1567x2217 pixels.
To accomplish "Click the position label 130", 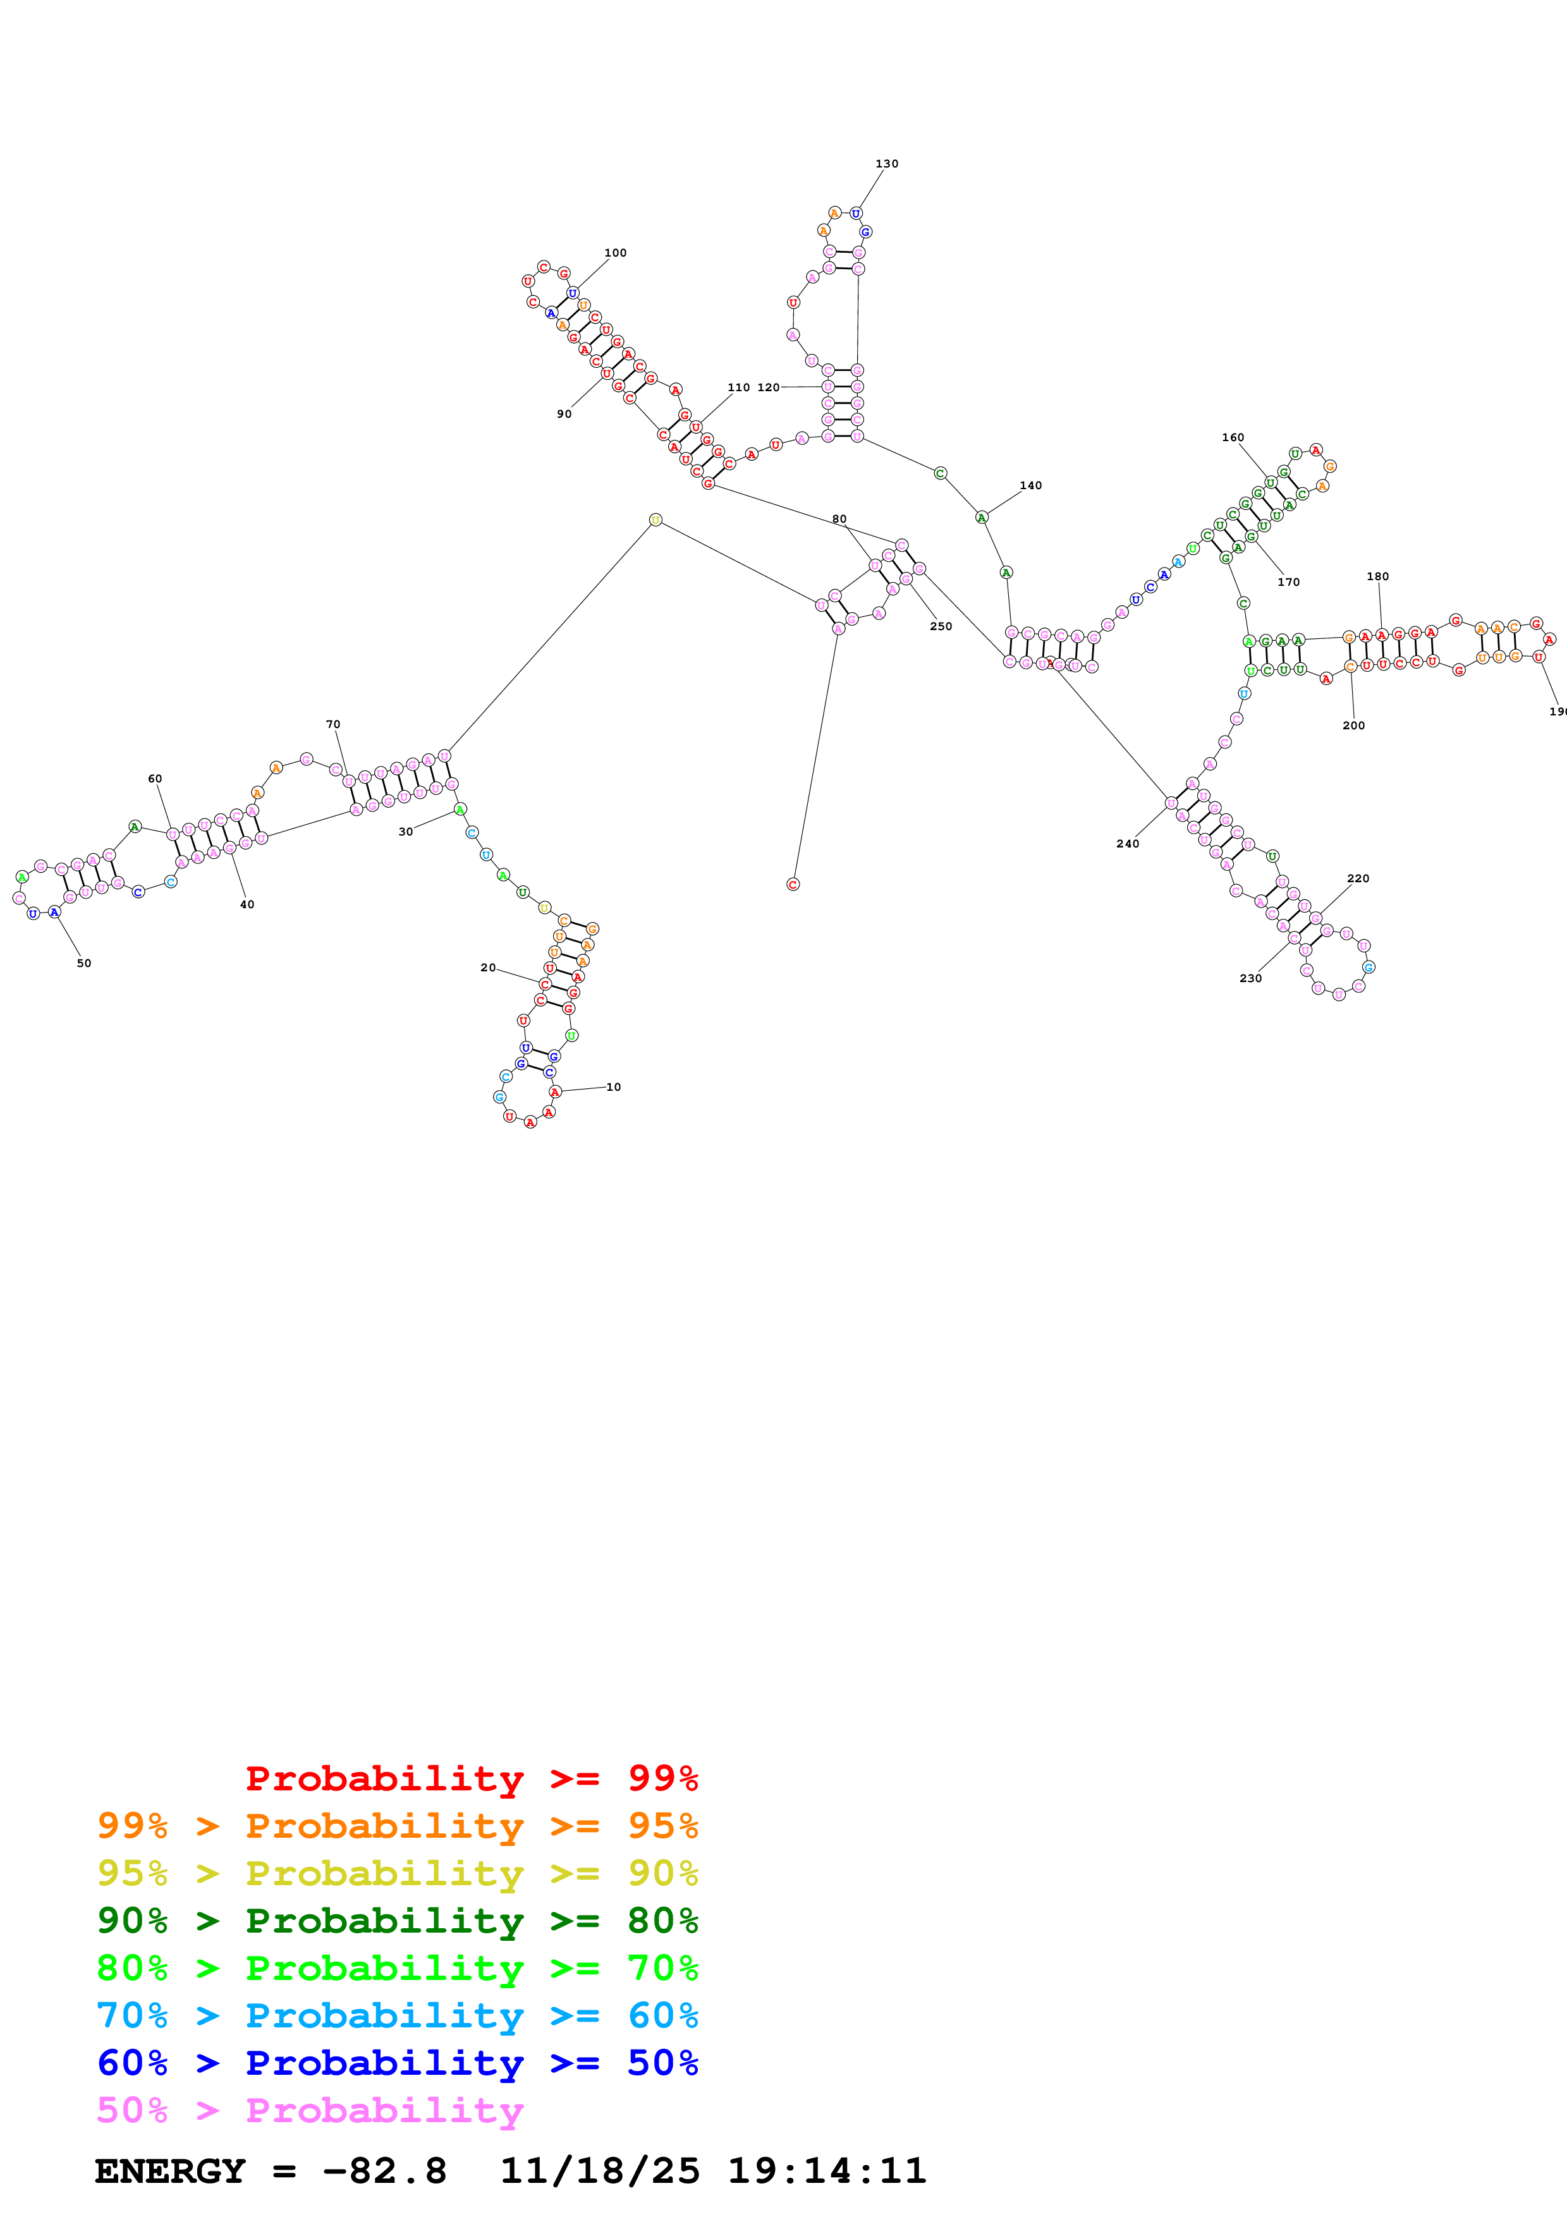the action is (x=886, y=164).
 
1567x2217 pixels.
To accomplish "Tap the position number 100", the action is (x=615, y=253).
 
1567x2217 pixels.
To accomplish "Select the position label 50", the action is (x=84, y=963).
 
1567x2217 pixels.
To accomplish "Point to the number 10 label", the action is (x=613, y=1087).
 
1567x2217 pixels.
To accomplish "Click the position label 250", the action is (x=941, y=627).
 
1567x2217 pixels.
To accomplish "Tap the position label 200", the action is (x=1353, y=725).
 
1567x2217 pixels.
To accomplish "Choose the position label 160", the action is (x=1233, y=437).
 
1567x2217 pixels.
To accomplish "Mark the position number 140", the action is (x=1030, y=486).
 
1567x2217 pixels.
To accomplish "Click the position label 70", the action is (x=333, y=724).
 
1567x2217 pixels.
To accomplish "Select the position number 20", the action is (x=487, y=968).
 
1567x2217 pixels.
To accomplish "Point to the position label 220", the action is (x=1358, y=878).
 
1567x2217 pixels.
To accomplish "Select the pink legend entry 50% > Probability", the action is (x=310, y=2111).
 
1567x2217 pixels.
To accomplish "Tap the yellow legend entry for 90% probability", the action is (x=397, y=1873).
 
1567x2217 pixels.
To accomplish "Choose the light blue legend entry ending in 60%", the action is (x=397, y=2016).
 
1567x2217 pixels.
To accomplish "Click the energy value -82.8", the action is (x=384, y=2171).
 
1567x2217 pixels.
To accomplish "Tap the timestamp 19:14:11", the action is (x=826, y=2171).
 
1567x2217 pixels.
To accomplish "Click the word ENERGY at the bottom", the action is (x=170, y=2171).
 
